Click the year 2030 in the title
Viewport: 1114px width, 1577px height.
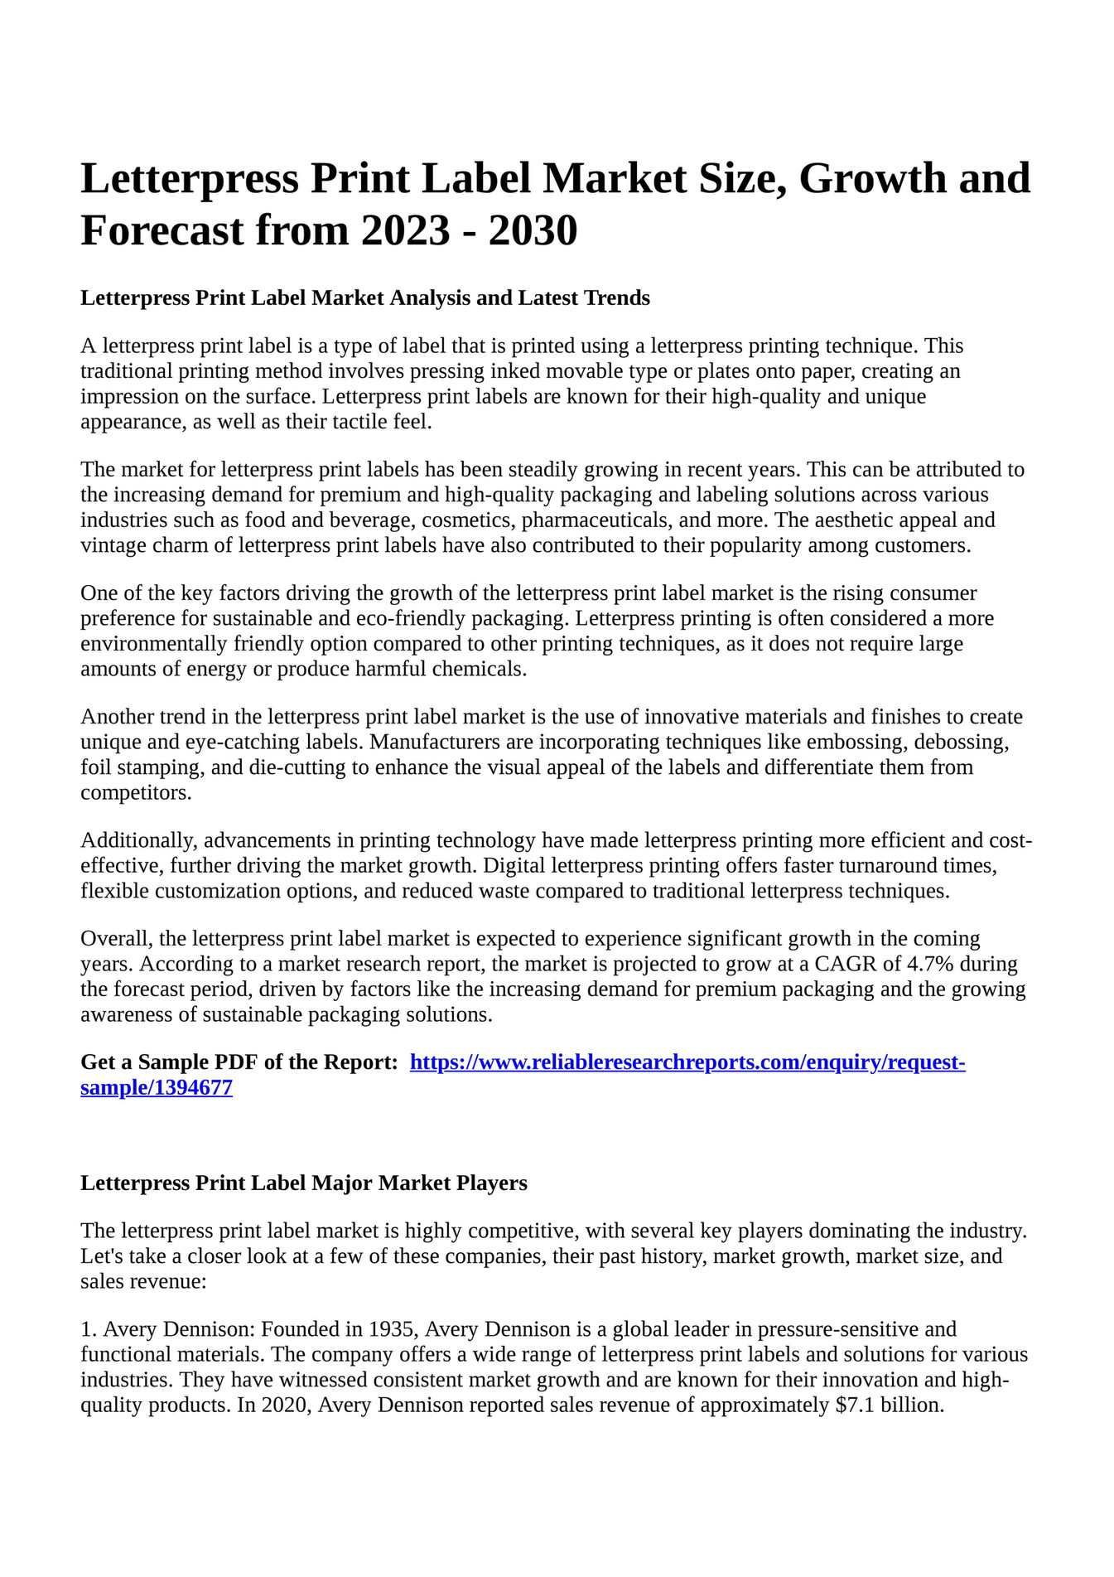(533, 230)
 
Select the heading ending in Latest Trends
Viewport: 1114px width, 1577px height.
(364, 298)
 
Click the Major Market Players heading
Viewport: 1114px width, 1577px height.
(303, 1183)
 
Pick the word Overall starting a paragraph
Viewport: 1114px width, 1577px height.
(116, 939)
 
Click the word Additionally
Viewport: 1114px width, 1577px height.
(138, 840)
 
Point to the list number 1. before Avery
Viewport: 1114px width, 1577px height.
(89, 1329)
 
